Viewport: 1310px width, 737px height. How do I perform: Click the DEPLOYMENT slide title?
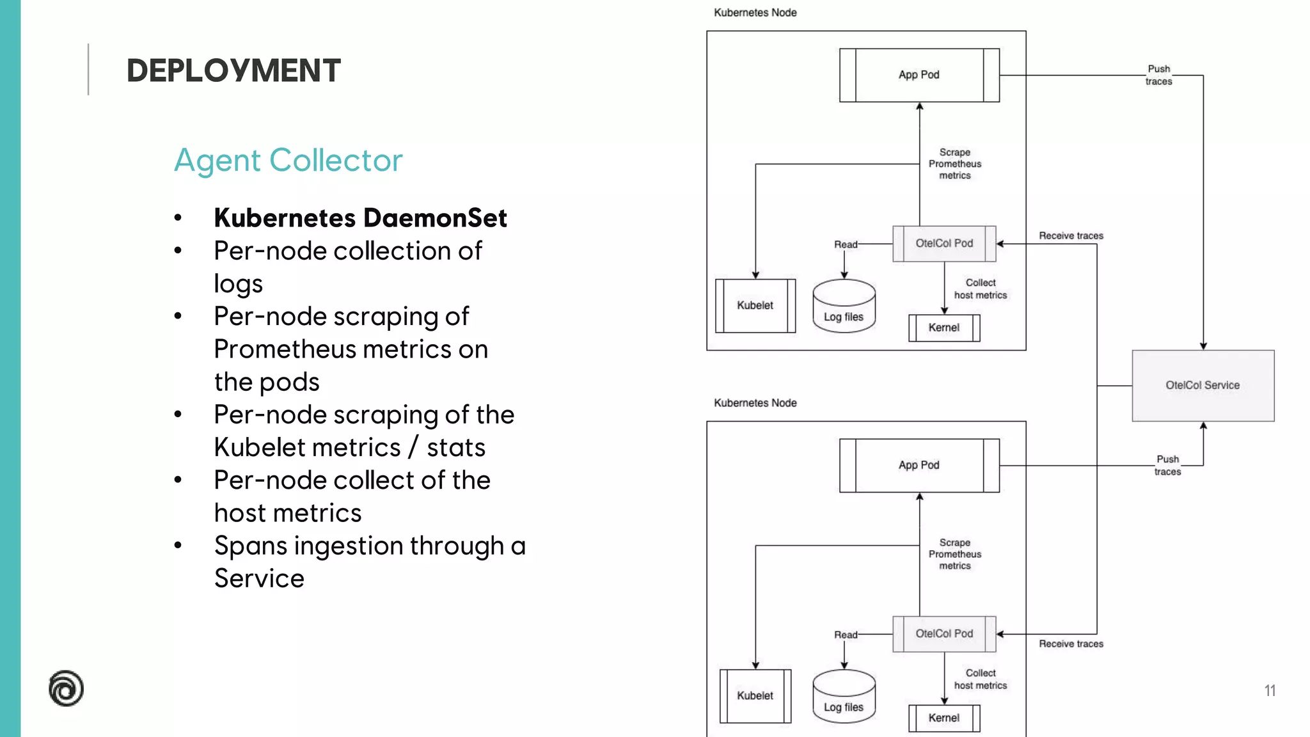coord(233,70)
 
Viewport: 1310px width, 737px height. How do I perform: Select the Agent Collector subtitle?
coord(288,160)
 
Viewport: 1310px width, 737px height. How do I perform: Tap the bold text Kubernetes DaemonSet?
coord(360,218)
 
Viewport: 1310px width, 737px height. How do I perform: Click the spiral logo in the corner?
coord(66,688)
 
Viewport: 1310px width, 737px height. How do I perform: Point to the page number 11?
coord(1270,691)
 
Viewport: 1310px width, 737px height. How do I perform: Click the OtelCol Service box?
coord(1203,385)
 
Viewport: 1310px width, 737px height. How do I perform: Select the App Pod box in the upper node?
coord(919,75)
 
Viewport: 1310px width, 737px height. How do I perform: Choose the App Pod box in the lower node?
coord(919,465)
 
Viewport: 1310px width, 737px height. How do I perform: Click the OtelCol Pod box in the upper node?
coord(944,244)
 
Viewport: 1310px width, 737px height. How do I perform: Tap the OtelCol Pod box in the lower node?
coord(944,634)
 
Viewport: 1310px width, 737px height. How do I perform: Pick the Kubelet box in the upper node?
coord(755,306)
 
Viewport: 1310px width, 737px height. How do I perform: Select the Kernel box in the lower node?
coord(944,718)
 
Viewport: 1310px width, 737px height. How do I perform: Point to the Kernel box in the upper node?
coord(944,328)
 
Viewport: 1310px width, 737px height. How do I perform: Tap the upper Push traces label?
coord(1158,75)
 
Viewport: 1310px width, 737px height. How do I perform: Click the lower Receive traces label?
coord(1071,644)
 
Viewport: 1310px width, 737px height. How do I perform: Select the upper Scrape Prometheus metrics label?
coord(954,164)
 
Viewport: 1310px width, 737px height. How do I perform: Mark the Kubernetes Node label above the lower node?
coord(755,403)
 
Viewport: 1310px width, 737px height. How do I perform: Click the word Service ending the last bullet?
coord(259,579)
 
